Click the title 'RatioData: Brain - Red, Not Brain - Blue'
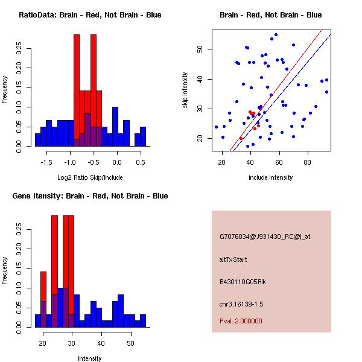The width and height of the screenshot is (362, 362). (x=90, y=15)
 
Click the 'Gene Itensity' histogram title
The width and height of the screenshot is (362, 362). (x=90, y=196)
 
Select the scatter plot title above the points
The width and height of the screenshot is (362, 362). (x=270, y=15)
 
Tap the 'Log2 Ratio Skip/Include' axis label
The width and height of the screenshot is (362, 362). (x=90, y=177)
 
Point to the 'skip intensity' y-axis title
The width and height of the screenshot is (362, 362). (x=185, y=91)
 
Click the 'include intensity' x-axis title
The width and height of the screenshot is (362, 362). (x=270, y=177)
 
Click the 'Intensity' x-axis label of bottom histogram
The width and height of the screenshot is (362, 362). (x=90, y=358)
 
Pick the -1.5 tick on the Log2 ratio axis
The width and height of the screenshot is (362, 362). (x=48, y=162)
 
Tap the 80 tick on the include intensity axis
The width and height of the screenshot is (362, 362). (x=308, y=162)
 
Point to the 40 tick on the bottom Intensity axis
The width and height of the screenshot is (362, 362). (x=101, y=343)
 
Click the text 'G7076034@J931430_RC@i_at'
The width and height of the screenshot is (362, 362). (x=265, y=237)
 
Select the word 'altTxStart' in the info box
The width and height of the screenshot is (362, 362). (x=233, y=259)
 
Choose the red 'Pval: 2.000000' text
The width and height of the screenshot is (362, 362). (x=241, y=321)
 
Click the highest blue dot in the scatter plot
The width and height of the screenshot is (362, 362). (x=276, y=35)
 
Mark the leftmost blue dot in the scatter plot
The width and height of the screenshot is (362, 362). (x=216, y=127)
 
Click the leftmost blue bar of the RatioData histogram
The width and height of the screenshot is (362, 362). (x=37, y=140)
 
